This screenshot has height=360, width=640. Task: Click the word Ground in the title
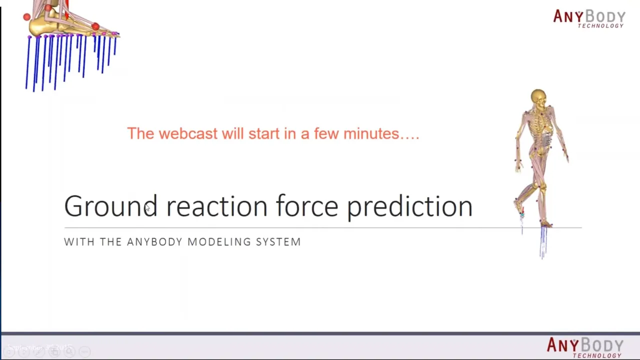(111, 205)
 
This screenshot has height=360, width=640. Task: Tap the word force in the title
(307, 205)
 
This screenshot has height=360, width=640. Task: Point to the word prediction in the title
(410, 207)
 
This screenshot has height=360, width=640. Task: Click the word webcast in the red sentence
(188, 133)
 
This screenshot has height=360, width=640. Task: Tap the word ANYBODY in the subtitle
(153, 242)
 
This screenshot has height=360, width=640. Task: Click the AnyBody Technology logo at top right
(589, 18)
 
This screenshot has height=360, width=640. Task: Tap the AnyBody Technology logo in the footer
(585, 347)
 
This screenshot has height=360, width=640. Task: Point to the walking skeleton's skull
(538, 97)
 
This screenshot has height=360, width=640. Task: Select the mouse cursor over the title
(147, 207)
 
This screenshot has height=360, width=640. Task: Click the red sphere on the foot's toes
(95, 27)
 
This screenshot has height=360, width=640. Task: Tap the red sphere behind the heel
(27, 17)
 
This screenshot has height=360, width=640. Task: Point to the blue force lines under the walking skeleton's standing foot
(543, 242)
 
